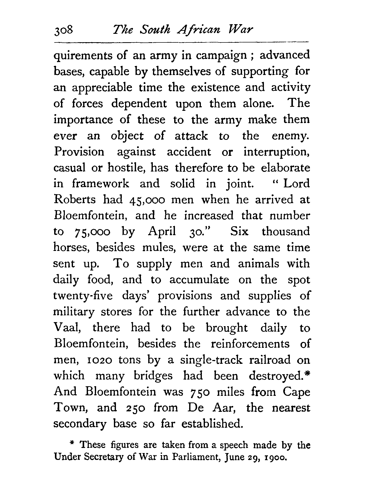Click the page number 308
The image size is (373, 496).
pyautogui.click(x=64, y=31)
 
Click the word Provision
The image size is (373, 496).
pyautogui.click(x=79, y=152)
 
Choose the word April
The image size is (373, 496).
pyautogui.click(x=162, y=232)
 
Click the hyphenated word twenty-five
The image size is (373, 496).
pyautogui.click(x=83, y=296)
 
